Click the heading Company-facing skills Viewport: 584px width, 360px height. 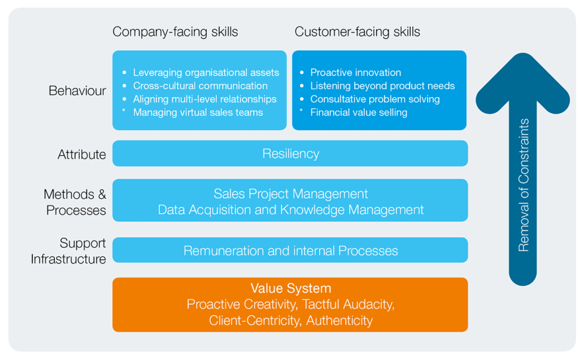coord(175,32)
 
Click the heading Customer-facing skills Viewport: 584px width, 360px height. coord(357,32)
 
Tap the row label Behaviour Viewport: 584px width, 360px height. coord(77,91)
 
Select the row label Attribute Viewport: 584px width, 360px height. coord(82,154)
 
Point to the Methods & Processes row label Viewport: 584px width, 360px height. coord(75,202)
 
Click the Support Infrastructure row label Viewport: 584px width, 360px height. coord(68,251)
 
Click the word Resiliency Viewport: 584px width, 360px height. coord(290,154)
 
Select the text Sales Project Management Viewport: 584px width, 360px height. coord(290,193)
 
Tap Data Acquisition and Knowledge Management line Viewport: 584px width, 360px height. coord(290,209)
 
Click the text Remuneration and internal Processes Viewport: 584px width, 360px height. coord(290,251)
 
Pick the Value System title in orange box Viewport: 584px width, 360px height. coord(290,288)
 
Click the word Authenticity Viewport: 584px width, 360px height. coord(339,320)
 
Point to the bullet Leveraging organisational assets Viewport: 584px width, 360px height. coord(206,72)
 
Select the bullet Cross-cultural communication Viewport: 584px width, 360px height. coord(200,86)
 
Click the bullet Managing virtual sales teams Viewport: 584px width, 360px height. coord(197,112)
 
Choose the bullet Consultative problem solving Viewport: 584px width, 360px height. coord(375,99)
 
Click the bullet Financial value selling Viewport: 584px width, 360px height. coord(359,112)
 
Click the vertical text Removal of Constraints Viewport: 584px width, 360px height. coord(523,185)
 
